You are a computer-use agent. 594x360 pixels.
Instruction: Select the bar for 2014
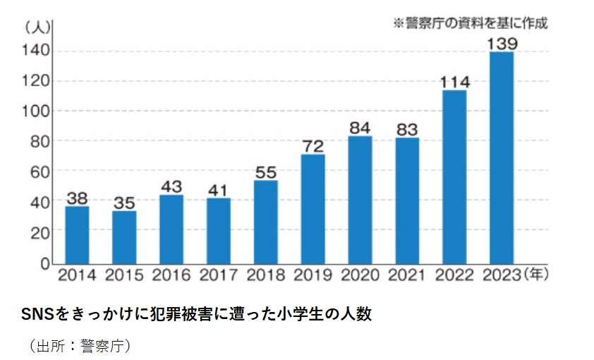(77, 234)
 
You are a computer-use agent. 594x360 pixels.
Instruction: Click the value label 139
(502, 44)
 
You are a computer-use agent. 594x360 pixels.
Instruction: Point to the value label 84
(360, 128)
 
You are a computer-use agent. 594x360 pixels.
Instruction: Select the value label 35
(124, 203)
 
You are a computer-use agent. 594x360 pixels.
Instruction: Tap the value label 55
(266, 172)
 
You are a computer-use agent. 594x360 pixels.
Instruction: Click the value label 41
(219, 189)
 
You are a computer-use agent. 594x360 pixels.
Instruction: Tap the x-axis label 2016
(171, 275)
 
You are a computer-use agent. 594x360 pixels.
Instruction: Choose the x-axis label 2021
(407, 275)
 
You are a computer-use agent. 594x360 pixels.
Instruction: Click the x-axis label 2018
(265, 275)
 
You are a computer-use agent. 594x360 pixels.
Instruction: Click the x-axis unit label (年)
(537, 274)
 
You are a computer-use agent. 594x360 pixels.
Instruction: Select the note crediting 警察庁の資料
(471, 22)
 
